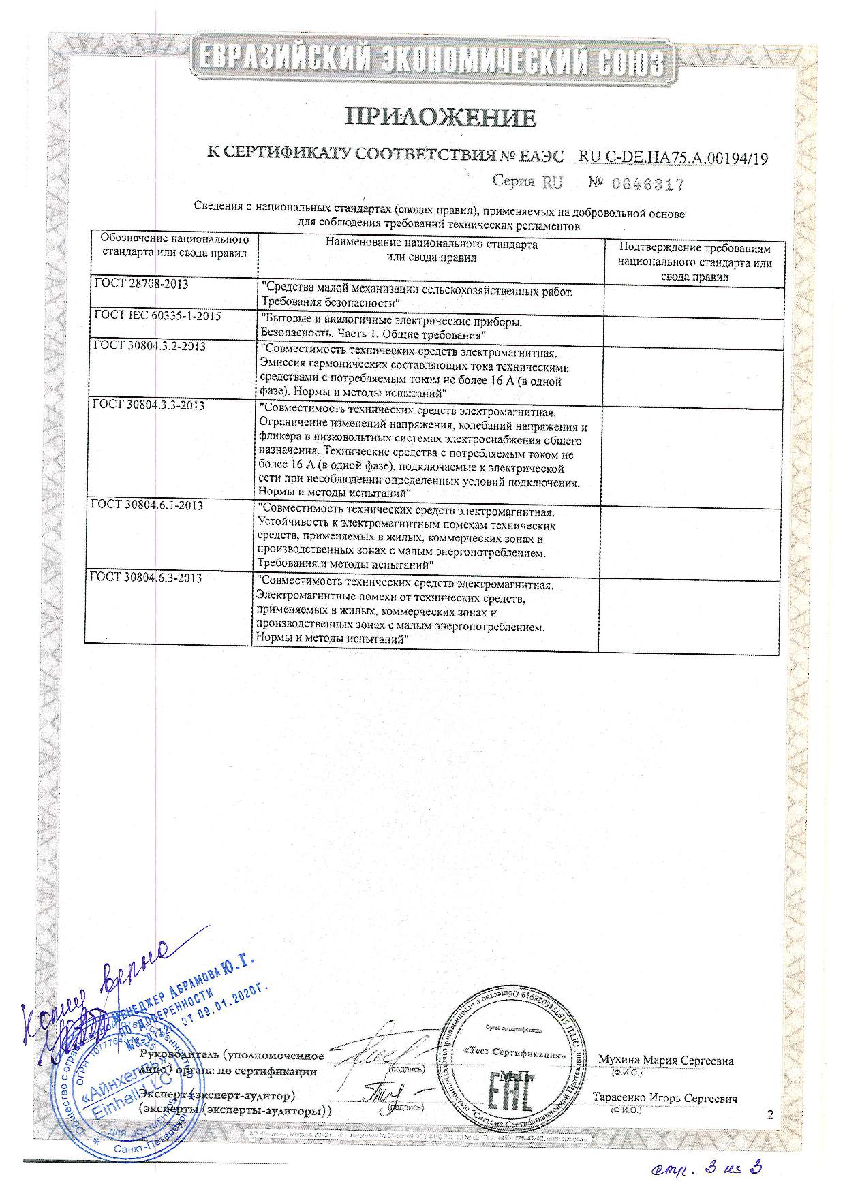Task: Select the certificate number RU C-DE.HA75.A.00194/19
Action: tap(673, 158)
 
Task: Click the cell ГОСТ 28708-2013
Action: tap(141, 284)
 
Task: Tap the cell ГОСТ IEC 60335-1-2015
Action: tap(157, 317)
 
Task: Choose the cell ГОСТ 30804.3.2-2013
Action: tap(149, 346)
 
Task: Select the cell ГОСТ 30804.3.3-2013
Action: tap(149, 405)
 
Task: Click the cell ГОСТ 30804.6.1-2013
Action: tap(147, 505)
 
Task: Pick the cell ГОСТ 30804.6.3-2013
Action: tap(147, 578)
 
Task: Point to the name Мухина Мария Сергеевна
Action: tap(665, 1061)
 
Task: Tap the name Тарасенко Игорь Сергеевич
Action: tap(664, 1098)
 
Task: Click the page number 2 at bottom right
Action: tap(771, 1115)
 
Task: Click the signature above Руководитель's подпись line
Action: tap(386, 1052)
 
